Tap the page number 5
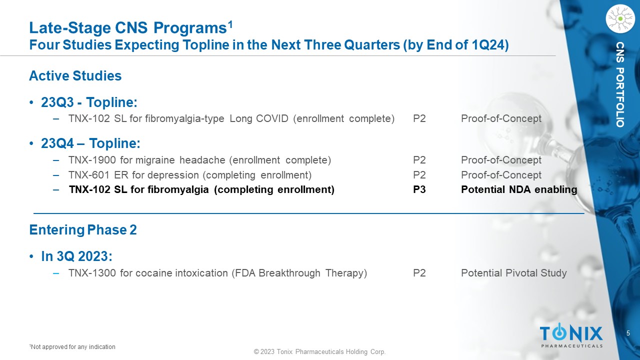(x=628, y=333)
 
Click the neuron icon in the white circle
(x=620, y=18)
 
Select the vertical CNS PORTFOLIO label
(x=620, y=84)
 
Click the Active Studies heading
(x=75, y=75)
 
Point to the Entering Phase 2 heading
(x=83, y=229)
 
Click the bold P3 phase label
(x=419, y=189)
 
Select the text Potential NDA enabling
(x=519, y=189)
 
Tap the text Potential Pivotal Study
(x=513, y=273)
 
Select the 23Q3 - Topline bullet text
(x=89, y=102)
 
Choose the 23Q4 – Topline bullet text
(x=90, y=143)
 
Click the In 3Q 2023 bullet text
(x=76, y=256)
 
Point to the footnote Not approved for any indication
(x=72, y=347)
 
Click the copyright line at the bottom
(x=319, y=351)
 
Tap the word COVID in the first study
(x=272, y=118)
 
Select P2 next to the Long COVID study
(x=419, y=118)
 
